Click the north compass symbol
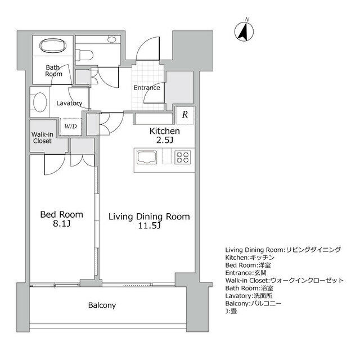(244, 31)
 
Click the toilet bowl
(85, 55)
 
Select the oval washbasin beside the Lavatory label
(40, 102)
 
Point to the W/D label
(70, 126)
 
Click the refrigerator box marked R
(185, 115)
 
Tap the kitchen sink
(147, 157)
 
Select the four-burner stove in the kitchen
(183, 157)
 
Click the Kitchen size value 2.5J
(164, 140)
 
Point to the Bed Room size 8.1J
(61, 223)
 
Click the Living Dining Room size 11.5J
(149, 226)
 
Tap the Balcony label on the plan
(102, 305)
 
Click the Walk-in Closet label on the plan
(42, 137)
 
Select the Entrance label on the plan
(147, 88)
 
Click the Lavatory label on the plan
(69, 103)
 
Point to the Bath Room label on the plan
(53, 71)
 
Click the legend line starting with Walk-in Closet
(285, 280)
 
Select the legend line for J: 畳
(231, 311)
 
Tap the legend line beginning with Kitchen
(250, 258)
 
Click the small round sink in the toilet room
(112, 39)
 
